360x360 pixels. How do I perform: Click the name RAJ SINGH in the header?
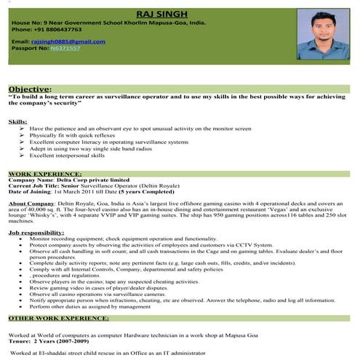(161, 15)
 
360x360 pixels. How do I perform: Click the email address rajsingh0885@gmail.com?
(74, 41)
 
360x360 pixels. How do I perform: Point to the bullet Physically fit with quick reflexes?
(76, 135)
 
